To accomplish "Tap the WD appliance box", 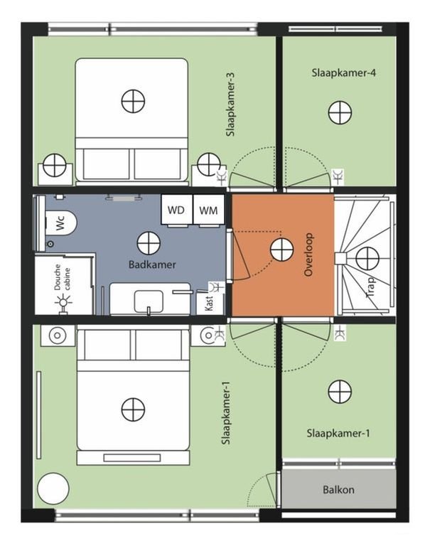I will (175, 210).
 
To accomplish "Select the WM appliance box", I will (208, 210).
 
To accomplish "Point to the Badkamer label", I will (152, 264).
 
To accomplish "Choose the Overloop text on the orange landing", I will (308, 254).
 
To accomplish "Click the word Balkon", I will (338, 489).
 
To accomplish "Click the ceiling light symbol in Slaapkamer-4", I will (340, 112).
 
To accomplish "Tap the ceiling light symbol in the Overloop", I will (281, 250).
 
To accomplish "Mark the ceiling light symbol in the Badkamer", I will (148, 243).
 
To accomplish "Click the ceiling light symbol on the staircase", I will (367, 259).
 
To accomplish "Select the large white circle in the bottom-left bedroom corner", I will (53, 490).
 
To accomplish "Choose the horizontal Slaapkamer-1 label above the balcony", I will (338, 432).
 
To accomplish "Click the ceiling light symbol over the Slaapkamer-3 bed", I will (133, 102).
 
